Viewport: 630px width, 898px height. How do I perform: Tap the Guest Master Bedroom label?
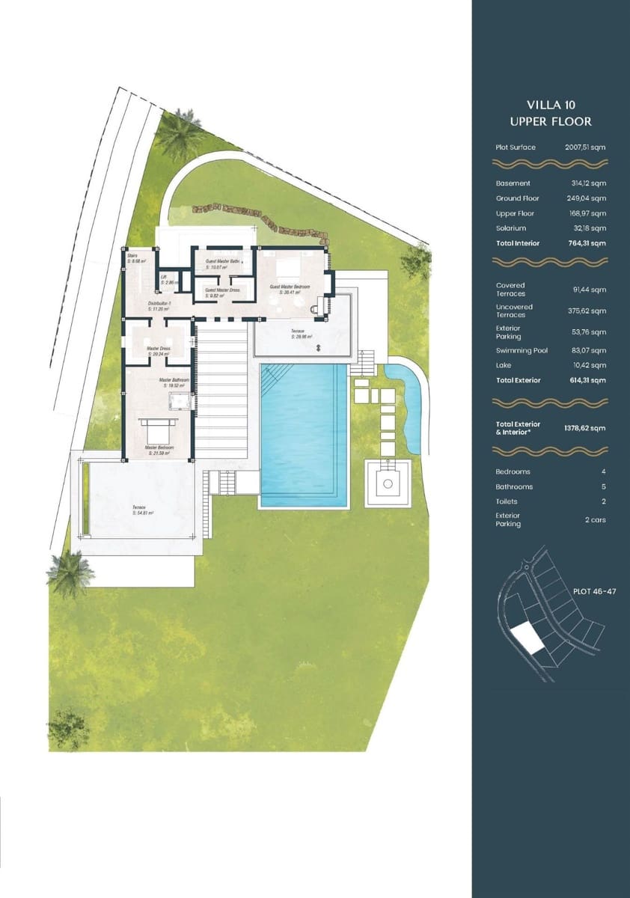coord(290,288)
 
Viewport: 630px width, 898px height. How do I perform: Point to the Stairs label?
coord(133,258)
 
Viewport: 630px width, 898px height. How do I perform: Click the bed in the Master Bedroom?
coord(158,430)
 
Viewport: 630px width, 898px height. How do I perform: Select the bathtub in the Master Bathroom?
coord(179,403)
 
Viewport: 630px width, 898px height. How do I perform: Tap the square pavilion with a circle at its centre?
coord(387,483)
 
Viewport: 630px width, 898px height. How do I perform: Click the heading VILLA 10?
coord(551,105)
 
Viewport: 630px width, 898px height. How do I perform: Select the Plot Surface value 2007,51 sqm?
coord(585,147)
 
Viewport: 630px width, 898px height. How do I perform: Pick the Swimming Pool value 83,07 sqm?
coord(589,350)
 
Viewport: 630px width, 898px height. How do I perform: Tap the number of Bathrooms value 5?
coord(603,486)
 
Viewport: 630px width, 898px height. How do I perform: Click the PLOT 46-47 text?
coord(594,591)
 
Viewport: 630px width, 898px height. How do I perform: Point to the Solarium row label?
coord(510,228)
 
